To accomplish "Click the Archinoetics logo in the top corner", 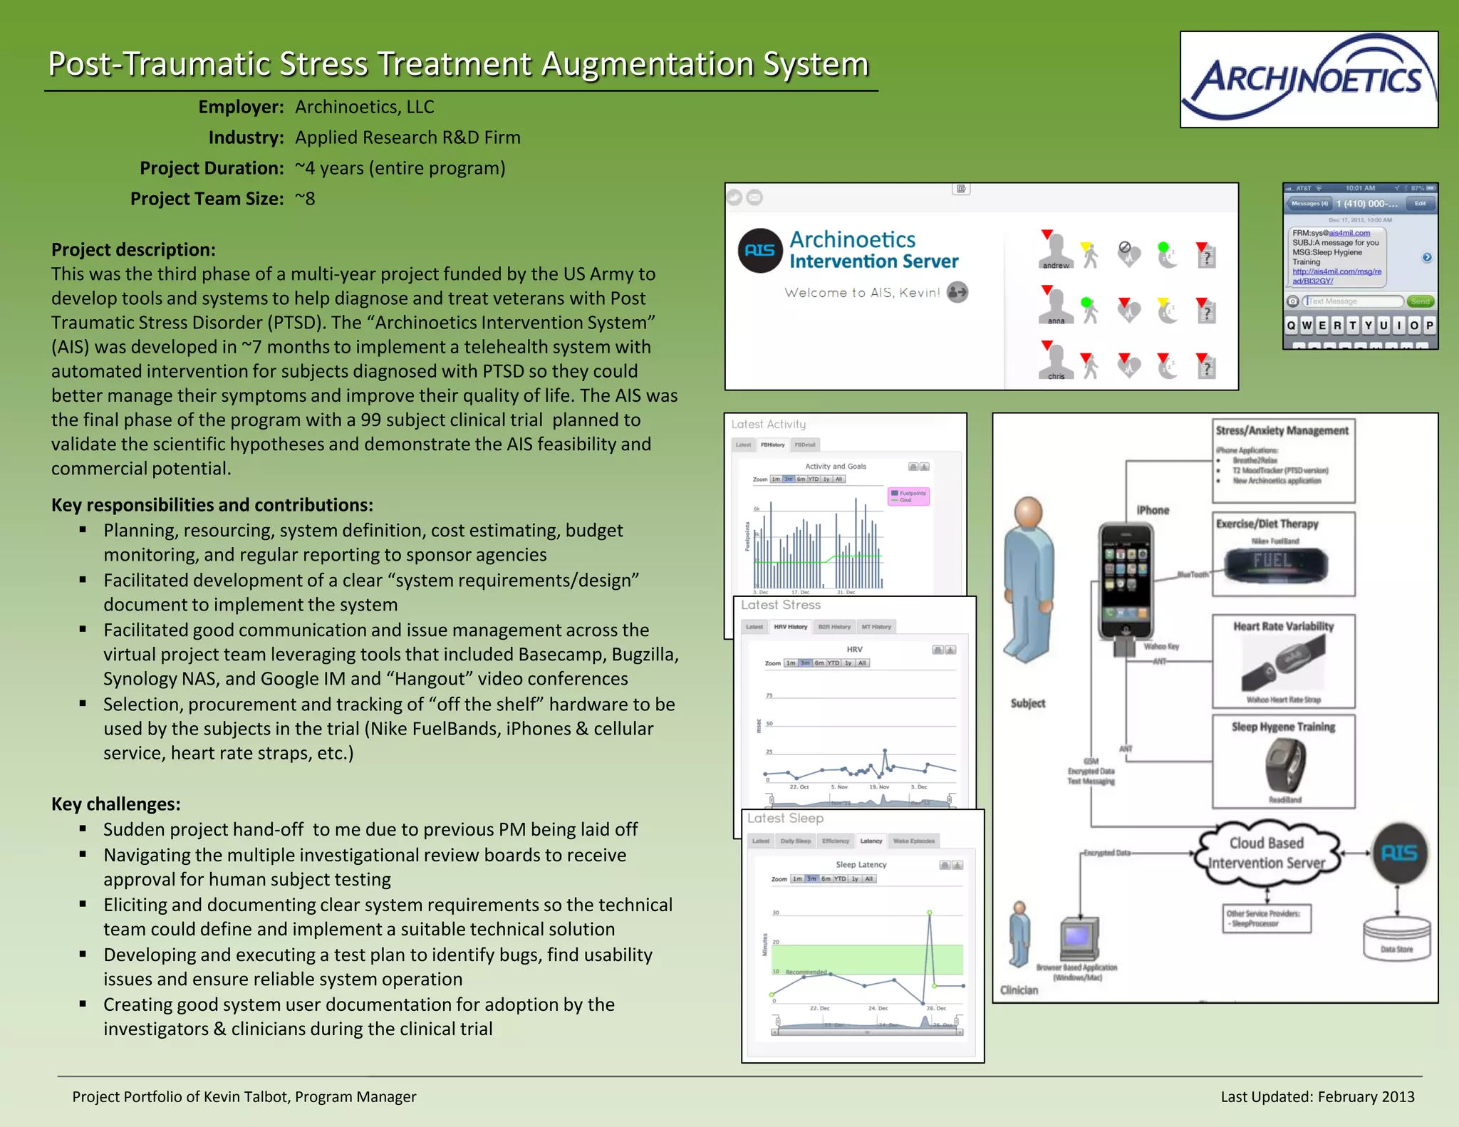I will (1309, 79).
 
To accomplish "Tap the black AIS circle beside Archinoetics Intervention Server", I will (759, 250).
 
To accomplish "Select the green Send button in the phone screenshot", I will (1420, 301).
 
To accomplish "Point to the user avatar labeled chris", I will (1055, 361).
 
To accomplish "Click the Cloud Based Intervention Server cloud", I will (1267, 853).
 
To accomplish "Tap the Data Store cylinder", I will (1396, 939).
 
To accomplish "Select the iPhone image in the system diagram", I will (1126, 581).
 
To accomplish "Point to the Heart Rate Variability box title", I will (1283, 626).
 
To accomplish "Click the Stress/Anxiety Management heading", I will (1282, 430).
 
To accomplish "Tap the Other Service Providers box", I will (1267, 918).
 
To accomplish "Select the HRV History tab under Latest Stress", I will (790, 627).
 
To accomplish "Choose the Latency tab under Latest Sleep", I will (871, 841).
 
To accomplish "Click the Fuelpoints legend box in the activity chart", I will (908, 496).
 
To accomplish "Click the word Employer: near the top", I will (241, 107).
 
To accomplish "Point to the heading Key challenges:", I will (115, 804).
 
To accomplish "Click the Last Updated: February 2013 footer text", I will (1317, 1096).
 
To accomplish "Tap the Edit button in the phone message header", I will (1420, 204).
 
